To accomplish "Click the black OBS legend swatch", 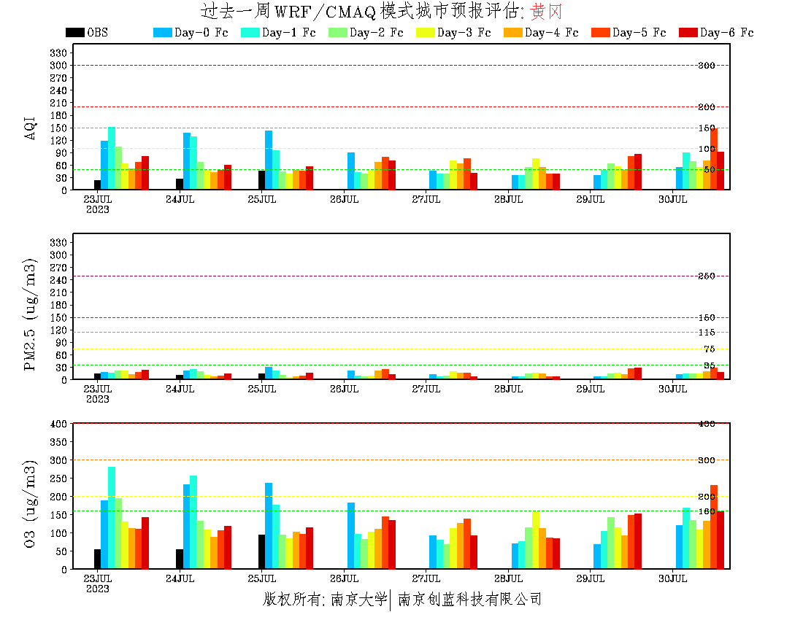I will tap(74, 32).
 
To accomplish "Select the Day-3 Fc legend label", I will tap(464, 33).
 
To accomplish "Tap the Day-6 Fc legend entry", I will tap(726, 33).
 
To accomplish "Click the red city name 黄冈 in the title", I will tap(546, 12).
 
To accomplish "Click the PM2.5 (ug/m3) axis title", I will tap(31, 314).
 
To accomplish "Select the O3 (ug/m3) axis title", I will tap(31, 503).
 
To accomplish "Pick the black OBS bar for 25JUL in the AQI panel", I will tap(261, 180).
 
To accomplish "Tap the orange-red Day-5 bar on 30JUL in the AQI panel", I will tap(714, 159).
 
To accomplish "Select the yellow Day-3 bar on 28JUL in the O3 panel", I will tap(536, 540).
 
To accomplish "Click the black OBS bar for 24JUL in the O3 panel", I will tap(180, 559).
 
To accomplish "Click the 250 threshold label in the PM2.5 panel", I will tap(706, 276).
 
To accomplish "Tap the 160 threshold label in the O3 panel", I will tap(706, 511).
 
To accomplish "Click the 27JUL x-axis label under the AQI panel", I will tap(426, 199).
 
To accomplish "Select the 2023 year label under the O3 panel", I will tap(98, 589).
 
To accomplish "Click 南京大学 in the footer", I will tap(358, 600).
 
